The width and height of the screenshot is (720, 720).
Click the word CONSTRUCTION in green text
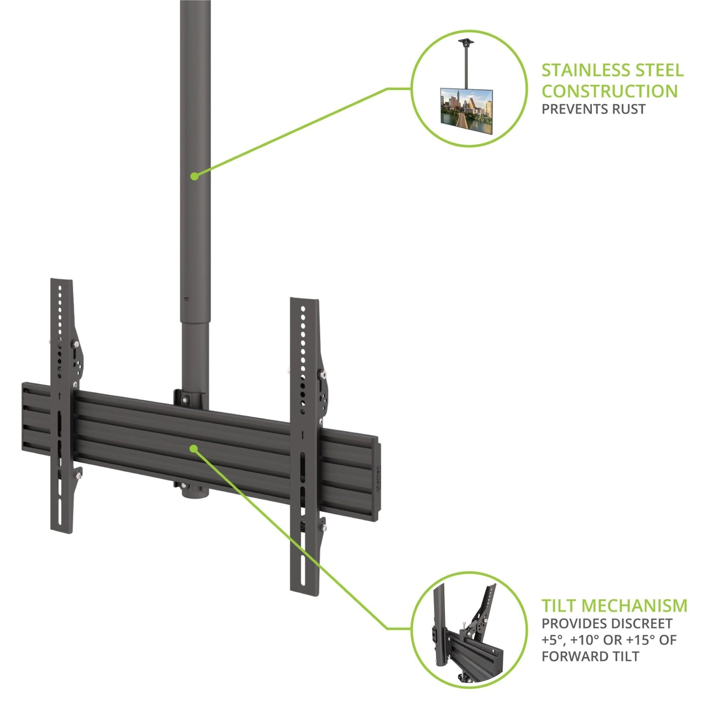click(609, 91)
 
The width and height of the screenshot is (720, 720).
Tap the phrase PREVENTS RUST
click(593, 109)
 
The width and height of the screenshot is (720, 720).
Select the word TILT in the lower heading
click(559, 605)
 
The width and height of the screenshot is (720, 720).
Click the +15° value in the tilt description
click(637, 640)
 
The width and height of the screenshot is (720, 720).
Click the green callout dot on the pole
click(194, 175)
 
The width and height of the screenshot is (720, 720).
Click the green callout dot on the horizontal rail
click(193, 448)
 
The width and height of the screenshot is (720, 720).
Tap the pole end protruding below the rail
click(195, 491)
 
